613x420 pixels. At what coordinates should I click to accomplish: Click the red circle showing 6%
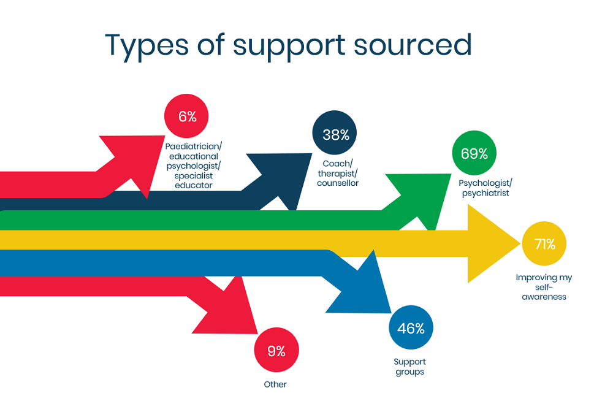point(186,116)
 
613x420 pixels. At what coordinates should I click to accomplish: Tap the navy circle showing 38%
point(334,133)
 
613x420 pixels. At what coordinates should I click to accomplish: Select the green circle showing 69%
point(474,153)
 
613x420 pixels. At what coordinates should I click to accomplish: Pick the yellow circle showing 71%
point(544,243)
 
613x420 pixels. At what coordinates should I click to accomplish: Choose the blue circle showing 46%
point(411,327)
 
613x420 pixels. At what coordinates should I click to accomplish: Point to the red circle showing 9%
point(276,350)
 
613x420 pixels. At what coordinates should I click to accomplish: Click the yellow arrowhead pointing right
point(493,243)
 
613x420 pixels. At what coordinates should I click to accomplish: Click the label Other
point(275,384)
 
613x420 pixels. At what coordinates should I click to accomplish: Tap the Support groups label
point(409,367)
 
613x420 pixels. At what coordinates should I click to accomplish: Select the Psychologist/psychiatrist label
point(485,188)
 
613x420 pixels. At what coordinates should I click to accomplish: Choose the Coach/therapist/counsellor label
point(337,174)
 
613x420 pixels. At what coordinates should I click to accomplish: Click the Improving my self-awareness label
point(544,287)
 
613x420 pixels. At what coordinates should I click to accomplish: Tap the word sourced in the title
point(413,45)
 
